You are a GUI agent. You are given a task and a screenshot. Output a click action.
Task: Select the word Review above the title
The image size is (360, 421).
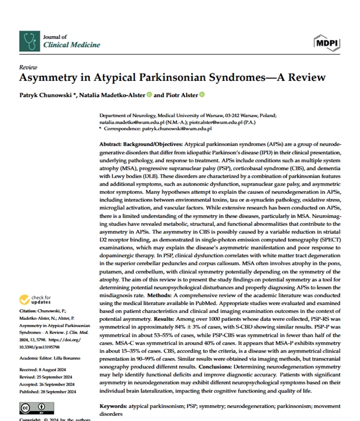(x=28, y=66)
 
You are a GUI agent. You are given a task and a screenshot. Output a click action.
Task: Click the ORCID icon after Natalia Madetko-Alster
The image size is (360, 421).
(x=150, y=95)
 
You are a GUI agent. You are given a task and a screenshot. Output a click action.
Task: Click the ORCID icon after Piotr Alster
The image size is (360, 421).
(x=202, y=95)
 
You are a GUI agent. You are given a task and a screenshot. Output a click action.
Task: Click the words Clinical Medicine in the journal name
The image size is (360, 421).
(x=71, y=44)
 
